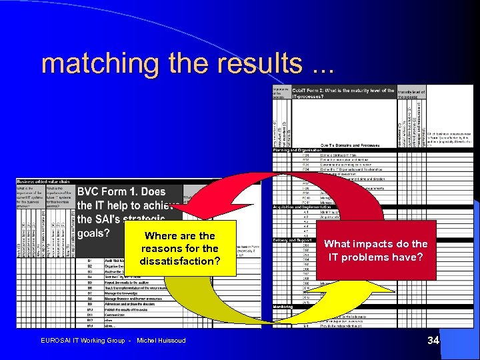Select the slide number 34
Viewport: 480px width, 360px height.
coord(433,341)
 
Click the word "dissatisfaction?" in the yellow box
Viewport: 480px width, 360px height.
coord(179,261)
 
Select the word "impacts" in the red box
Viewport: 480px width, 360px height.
coord(377,244)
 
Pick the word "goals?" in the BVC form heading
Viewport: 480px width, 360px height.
coord(94,233)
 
